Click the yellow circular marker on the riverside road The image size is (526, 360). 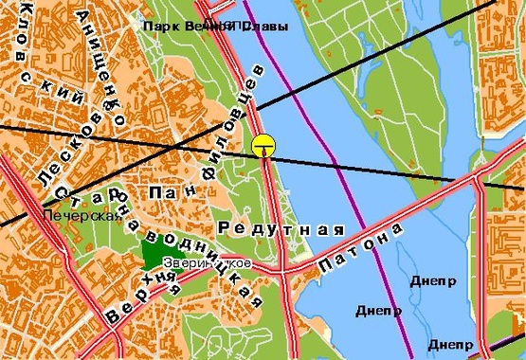[264, 146]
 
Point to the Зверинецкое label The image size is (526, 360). [207, 262]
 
